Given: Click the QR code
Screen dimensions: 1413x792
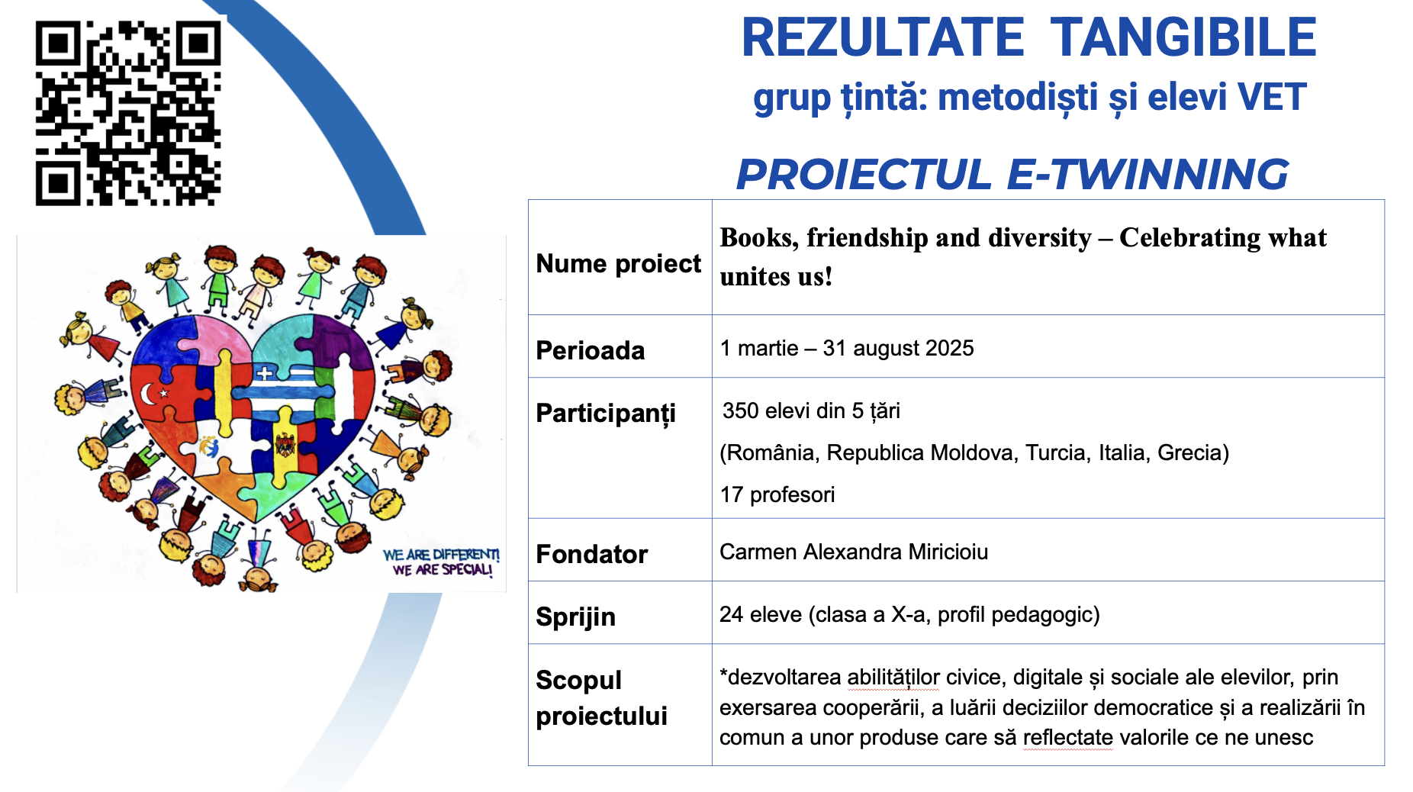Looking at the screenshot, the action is [128, 113].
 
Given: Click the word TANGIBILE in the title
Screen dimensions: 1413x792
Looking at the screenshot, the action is [1183, 38].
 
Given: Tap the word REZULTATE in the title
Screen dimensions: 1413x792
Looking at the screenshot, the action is [883, 38].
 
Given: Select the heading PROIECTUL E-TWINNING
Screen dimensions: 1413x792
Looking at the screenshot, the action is [1012, 174].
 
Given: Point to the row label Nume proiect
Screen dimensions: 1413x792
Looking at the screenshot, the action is [618, 264].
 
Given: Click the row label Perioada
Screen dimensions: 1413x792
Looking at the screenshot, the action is [591, 351].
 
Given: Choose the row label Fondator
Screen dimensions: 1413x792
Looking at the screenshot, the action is [592, 554].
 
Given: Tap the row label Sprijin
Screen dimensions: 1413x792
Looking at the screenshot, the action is [575, 617].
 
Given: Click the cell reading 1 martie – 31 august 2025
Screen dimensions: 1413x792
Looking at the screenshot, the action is [847, 349].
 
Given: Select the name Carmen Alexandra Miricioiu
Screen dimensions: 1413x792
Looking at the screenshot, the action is [854, 552].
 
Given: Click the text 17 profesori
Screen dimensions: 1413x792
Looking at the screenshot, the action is [777, 495].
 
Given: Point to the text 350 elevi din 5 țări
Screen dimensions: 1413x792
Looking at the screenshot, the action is [811, 411].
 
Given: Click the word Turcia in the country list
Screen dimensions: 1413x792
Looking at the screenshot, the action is [1056, 453].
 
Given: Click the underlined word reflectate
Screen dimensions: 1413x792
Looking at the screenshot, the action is [1068, 738].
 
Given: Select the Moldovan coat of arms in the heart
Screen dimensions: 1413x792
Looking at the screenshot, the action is [285, 444].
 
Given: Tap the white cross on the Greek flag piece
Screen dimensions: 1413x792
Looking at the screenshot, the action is [264, 374].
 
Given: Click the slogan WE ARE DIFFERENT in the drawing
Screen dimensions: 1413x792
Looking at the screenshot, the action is [441, 555].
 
